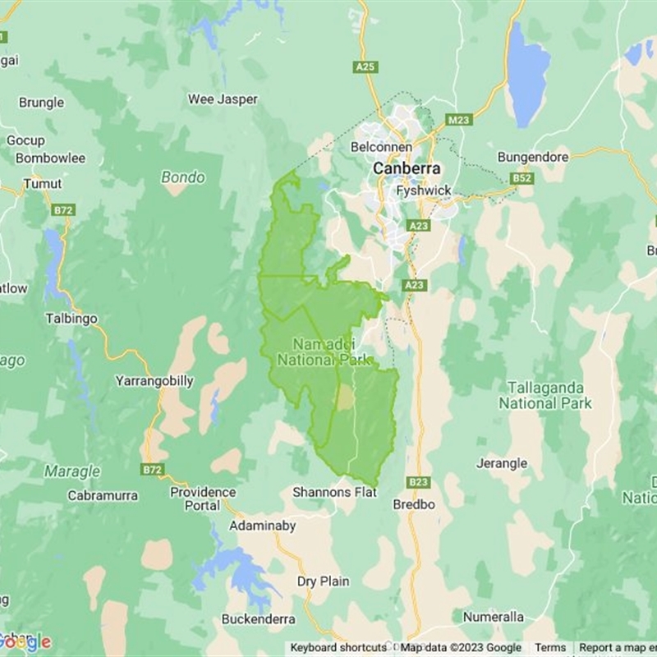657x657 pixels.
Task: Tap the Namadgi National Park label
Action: coord(325,351)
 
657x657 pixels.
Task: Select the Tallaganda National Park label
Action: coord(545,395)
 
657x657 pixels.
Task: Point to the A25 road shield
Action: coord(365,67)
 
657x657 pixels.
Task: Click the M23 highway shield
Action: coord(459,120)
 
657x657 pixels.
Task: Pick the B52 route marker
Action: coord(521,177)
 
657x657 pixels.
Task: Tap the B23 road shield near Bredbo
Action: coord(418,482)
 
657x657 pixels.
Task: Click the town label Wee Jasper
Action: coord(223,99)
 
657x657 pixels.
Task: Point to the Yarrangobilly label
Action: coord(154,381)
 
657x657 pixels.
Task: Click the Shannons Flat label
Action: coord(334,492)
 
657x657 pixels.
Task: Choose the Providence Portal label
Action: coord(202,498)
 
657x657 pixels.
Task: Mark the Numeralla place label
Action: coord(493,616)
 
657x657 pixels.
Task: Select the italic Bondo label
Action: coord(183,177)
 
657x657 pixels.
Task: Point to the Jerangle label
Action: coord(502,463)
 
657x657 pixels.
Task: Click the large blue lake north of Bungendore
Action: coord(527,74)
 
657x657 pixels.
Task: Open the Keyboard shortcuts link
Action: coord(338,648)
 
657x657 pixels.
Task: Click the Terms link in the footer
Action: coord(551,648)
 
